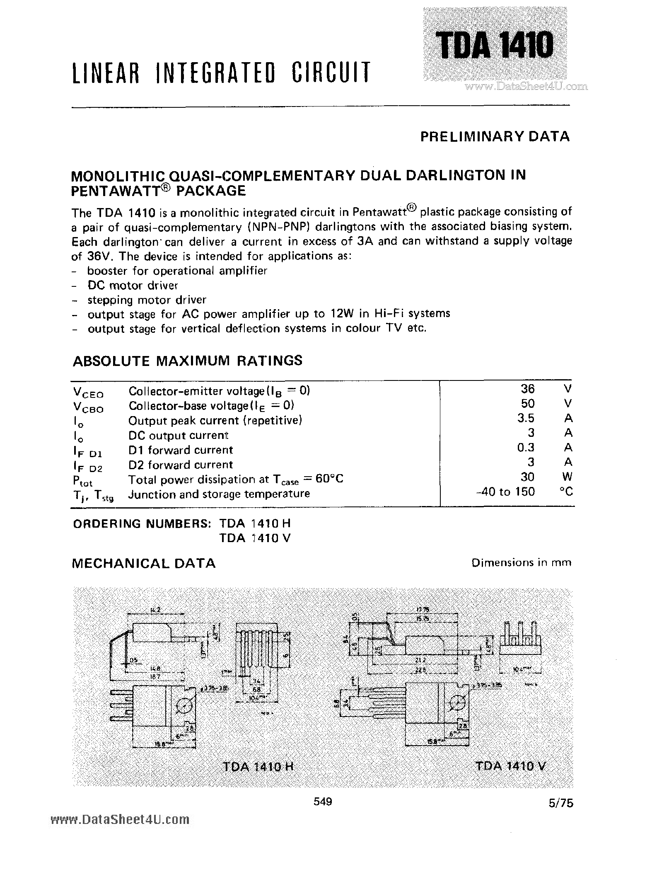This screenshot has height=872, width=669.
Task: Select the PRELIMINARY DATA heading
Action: pos(495,136)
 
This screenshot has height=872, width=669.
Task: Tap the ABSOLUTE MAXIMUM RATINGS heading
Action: pos(187,360)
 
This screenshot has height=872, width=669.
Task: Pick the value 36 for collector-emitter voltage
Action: pos(527,389)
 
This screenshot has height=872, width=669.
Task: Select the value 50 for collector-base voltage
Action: pos(527,404)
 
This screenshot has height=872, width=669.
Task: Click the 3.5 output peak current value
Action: pos(526,418)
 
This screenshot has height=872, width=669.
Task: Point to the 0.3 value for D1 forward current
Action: pos(526,448)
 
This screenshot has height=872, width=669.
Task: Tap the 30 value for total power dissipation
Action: pos(527,477)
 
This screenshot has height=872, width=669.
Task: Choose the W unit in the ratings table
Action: pos(568,477)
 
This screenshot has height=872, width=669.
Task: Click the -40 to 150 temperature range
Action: pos(506,492)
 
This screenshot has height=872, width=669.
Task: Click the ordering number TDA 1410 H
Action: pos(255,524)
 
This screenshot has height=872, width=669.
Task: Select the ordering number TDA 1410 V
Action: pos(255,538)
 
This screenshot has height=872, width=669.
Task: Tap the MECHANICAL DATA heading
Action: pos(143,563)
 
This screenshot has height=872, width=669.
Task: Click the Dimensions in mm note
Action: pos(521,563)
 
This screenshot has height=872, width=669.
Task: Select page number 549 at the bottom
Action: pos(323,802)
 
